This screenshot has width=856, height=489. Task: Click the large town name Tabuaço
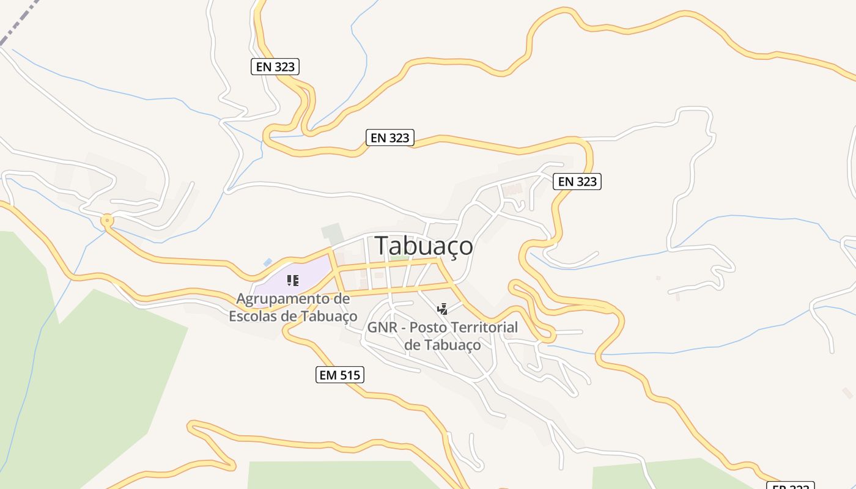coord(424,246)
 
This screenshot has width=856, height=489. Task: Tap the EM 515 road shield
coord(340,375)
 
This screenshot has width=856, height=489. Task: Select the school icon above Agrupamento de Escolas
coord(293,281)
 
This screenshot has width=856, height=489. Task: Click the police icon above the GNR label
coord(442,309)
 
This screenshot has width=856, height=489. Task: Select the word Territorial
coord(485,328)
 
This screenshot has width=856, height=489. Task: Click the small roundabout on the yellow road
coord(108,220)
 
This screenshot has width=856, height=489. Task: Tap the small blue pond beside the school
coord(268,262)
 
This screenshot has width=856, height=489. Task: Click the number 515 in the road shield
coord(349,375)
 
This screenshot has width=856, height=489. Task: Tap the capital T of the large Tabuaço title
coord(382,246)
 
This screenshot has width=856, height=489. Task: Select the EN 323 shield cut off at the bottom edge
coord(791,486)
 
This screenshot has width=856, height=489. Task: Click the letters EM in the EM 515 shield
coord(328,375)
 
